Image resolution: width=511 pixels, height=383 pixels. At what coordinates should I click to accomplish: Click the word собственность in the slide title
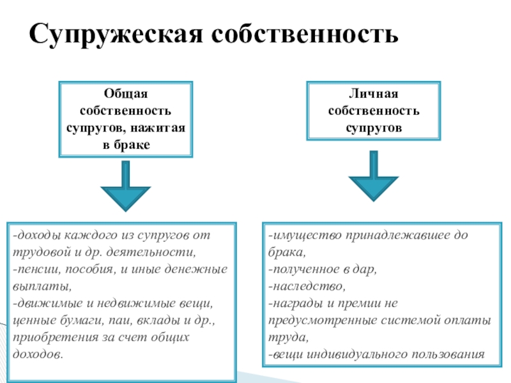pos(304,34)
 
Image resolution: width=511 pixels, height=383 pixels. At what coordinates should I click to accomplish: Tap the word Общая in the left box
pos(125,94)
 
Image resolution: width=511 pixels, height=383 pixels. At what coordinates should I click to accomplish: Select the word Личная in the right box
pos(374,94)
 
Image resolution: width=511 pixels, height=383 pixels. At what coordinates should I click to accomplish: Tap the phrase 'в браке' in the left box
pos(125,145)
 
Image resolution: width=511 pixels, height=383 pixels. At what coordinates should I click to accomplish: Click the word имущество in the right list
pos(305,235)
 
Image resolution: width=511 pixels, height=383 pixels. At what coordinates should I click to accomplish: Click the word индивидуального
pos(351,354)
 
